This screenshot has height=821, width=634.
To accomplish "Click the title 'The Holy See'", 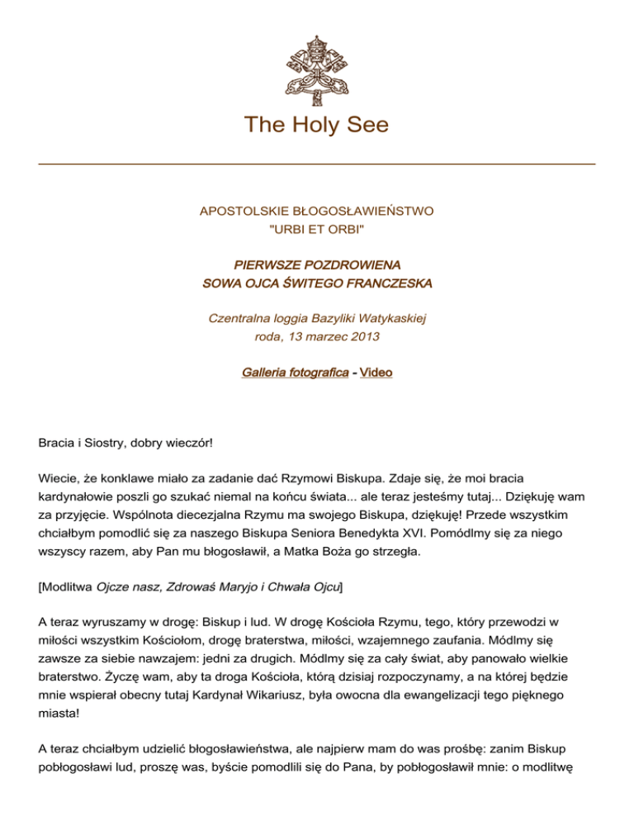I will coord(317,125).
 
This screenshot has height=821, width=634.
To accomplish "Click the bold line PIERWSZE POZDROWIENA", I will coord(317,265).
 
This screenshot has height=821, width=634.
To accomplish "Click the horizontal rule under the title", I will coord(317,164).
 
